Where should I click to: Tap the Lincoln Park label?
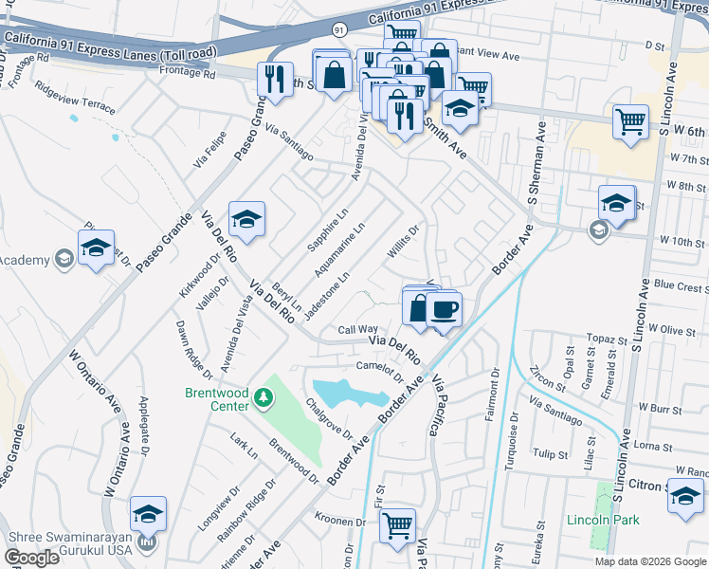[x=603, y=520]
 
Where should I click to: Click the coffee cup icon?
[x=443, y=308]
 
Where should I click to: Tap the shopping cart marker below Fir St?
[x=398, y=523]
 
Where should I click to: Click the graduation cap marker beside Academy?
[x=96, y=248]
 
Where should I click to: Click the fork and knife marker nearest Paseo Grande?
[x=275, y=80]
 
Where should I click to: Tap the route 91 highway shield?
[x=339, y=29]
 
